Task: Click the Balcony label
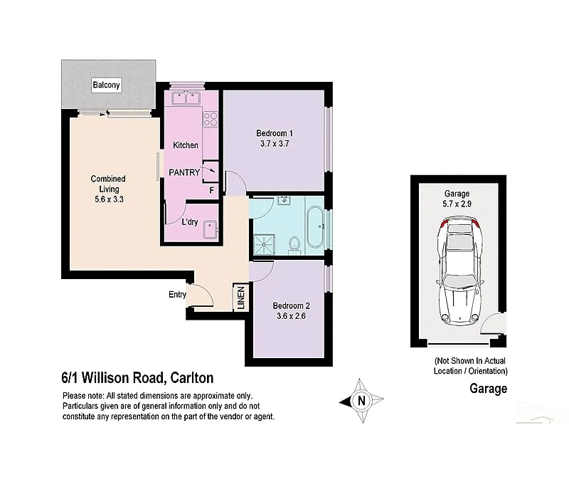coord(107,86)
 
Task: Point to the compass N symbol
coord(361,400)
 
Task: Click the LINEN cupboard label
coord(240,297)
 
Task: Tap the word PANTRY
coord(184,172)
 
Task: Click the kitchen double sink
coord(184,99)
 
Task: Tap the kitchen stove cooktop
coord(210,118)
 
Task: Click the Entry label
coord(177,295)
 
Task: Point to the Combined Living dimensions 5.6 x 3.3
coord(108,199)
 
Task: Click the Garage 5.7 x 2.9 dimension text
coord(458,204)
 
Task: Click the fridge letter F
coord(211,190)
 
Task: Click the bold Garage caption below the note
coord(488,389)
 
